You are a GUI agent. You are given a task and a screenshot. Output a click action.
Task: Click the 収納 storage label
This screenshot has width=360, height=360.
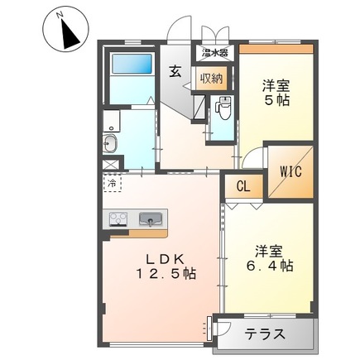pyautogui.click(x=210, y=79)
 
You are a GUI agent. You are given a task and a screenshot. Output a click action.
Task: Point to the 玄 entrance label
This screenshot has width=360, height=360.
pyautogui.click(x=176, y=72)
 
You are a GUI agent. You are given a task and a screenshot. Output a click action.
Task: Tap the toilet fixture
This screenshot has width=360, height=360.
pyautogui.click(x=223, y=108)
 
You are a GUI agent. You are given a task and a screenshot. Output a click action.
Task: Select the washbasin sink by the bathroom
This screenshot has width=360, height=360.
pyautogui.click(x=111, y=146)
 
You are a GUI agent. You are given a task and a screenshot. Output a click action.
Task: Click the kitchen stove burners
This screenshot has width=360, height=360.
pyautogui.click(x=116, y=220)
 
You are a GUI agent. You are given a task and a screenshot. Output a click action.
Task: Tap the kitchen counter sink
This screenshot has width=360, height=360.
pyautogui.click(x=150, y=220)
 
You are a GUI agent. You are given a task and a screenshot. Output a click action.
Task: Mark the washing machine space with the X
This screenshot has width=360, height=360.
pyautogui.click(x=111, y=165)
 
